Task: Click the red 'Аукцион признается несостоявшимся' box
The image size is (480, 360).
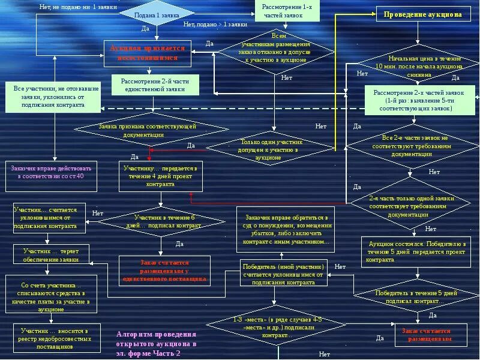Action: [x=147, y=53]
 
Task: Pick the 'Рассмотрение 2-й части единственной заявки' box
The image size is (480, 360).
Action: [x=156, y=85]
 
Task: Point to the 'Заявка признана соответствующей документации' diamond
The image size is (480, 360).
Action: [x=148, y=131]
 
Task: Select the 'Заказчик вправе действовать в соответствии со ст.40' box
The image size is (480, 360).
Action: [x=51, y=172]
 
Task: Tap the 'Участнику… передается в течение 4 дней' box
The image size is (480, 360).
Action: [x=161, y=176]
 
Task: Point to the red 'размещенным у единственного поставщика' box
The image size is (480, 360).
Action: [x=164, y=271]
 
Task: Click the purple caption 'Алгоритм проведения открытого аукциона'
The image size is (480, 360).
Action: [x=156, y=344]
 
